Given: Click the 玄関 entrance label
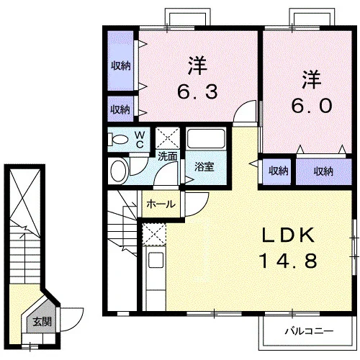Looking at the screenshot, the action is (x=42, y=321).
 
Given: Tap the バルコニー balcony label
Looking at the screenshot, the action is (x=309, y=331).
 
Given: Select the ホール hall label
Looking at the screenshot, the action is (x=161, y=204).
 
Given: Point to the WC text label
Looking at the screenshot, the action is (x=140, y=140).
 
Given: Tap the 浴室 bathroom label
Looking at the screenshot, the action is (x=204, y=166).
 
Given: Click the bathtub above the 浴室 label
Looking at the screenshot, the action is (x=206, y=139).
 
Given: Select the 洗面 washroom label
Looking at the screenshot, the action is (x=168, y=157).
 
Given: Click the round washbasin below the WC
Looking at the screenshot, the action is (x=119, y=171).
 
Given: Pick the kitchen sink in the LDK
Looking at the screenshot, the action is (x=156, y=260).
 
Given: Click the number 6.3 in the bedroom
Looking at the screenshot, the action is (x=197, y=91).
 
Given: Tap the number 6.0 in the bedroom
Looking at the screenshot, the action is (x=312, y=106).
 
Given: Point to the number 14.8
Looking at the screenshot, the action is (x=288, y=261).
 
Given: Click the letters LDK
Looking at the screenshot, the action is (x=288, y=235).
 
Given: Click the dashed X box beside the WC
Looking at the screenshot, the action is (x=167, y=138).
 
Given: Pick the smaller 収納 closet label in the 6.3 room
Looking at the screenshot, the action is (x=120, y=109).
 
